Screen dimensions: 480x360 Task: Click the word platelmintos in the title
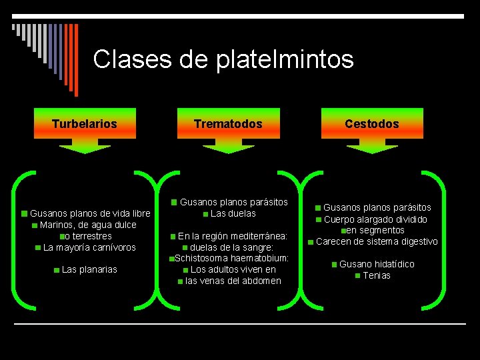click(285, 59)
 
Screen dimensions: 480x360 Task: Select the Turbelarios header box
click(85, 123)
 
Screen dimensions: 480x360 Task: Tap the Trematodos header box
click(228, 123)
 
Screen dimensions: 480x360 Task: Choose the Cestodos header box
click(372, 123)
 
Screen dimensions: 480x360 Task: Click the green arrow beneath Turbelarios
click(85, 146)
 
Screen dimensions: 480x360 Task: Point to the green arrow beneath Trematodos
click(228, 146)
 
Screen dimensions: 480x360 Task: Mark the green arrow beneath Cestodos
click(372, 146)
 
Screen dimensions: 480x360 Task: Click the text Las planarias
click(89, 269)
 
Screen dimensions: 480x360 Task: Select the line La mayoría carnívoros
click(89, 247)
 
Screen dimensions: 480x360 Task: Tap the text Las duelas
click(233, 213)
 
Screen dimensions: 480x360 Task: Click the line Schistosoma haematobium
click(231, 258)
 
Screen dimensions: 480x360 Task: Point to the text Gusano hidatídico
click(377, 264)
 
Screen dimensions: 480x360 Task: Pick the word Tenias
click(377, 275)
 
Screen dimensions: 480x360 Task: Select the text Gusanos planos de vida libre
click(90, 213)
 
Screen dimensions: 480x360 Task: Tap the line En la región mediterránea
click(233, 236)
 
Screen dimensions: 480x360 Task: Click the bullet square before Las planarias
click(57, 270)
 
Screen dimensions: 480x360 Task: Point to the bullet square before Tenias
click(358, 275)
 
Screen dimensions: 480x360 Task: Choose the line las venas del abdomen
click(233, 281)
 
